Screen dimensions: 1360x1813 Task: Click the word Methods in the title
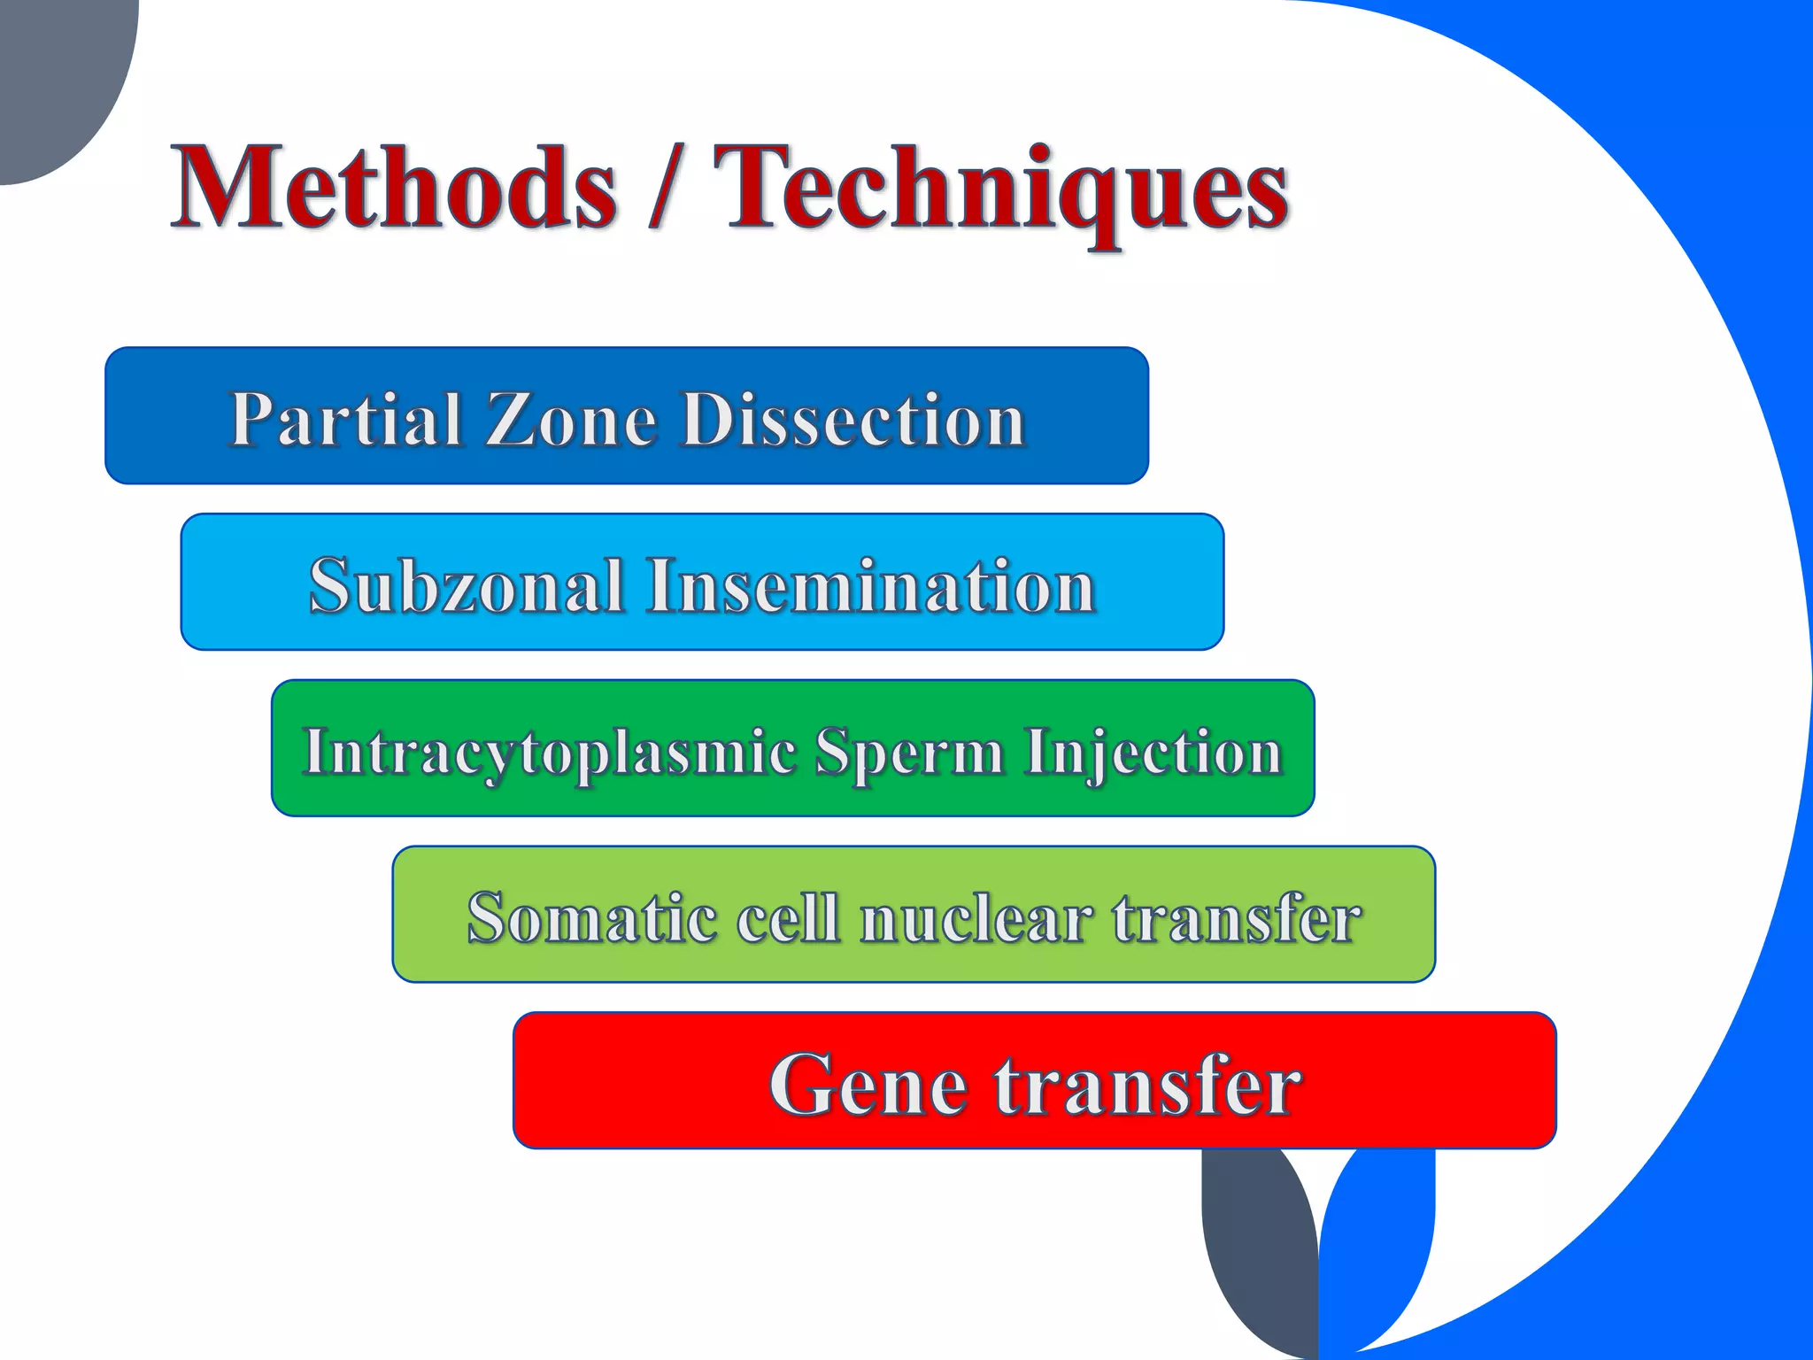[x=394, y=188]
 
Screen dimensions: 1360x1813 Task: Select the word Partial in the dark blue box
[x=345, y=419]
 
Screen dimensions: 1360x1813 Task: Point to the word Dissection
[x=854, y=419]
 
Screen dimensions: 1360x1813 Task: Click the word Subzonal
[x=467, y=585]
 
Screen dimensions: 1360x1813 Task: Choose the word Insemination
[x=871, y=585]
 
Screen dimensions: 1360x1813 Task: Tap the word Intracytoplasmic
[x=549, y=752]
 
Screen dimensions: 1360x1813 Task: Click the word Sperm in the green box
[x=909, y=752]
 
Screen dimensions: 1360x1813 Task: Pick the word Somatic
[x=591, y=917]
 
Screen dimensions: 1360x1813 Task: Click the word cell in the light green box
[x=788, y=917]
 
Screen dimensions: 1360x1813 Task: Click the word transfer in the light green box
[x=1236, y=917]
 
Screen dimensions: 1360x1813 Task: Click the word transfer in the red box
[x=1147, y=1084]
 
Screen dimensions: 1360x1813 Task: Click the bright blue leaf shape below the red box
[x=1381, y=1240]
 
